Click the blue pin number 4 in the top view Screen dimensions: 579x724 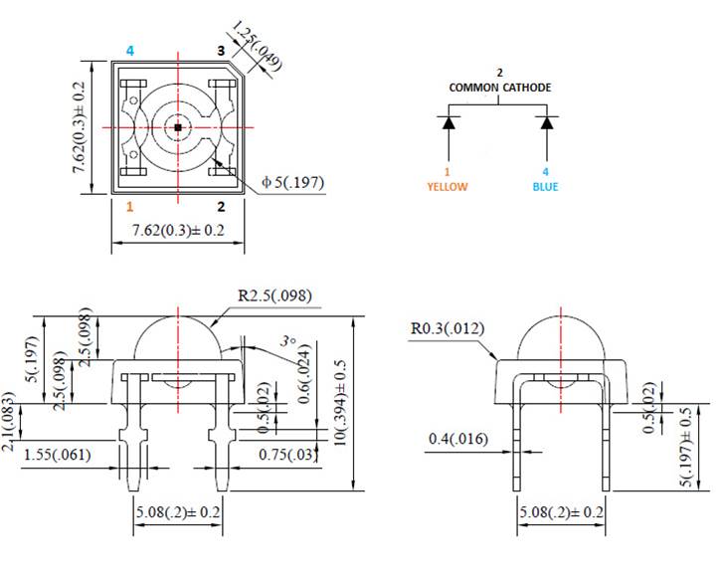pos(129,50)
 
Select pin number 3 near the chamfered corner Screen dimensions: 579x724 pos(221,50)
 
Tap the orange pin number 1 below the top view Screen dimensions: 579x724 pos(129,207)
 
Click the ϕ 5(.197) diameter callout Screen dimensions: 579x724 pos(292,183)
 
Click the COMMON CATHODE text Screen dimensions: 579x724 pos(499,88)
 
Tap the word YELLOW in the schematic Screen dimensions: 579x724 pos(448,186)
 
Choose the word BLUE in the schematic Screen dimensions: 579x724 pos(545,186)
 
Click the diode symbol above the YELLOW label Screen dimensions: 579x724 pos(449,123)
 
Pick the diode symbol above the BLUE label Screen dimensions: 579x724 pos(546,123)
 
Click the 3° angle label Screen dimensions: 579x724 pos(288,341)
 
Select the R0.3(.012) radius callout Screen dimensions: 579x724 pos(450,327)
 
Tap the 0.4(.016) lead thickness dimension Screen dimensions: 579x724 pos(458,439)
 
